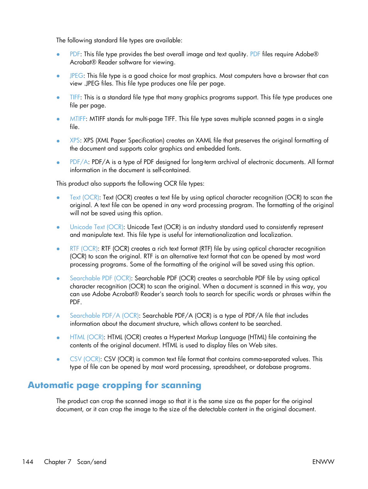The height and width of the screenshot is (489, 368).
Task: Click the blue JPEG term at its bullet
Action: pyautogui.click(x=76, y=76)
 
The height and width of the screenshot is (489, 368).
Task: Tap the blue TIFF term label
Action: pyautogui.click(x=75, y=97)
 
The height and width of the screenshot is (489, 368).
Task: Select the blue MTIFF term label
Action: pyautogui.click(x=78, y=119)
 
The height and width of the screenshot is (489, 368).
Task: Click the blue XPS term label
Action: pyautogui.click(x=74, y=141)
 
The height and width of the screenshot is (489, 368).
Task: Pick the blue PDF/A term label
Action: pyautogui.click(x=79, y=162)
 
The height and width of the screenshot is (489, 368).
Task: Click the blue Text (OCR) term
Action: pyautogui.click(x=84, y=198)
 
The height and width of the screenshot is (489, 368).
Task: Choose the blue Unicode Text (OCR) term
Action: pyautogui.click(x=96, y=227)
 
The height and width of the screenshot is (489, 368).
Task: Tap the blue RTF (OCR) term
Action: pyautogui.click(x=84, y=249)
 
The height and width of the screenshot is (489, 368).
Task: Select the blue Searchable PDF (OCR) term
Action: pyautogui.click(x=100, y=278)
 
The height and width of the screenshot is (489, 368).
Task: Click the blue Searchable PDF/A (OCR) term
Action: pyautogui.click(x=104, y=316)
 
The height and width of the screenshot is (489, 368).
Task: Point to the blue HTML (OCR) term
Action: pyautogui.click(x=87, y=337)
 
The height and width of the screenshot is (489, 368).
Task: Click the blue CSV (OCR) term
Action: pyautogui.click(x=85, y=359)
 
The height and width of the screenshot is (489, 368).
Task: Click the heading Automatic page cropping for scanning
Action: pyautogui.click(x=115, y=385)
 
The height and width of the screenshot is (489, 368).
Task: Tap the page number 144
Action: pyautogui.click(x=28, y=462)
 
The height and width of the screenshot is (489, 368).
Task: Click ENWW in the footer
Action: pyautogui.click(x=323, y=462)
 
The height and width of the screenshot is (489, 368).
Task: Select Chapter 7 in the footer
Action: pyautogui.click(x=57, y=462)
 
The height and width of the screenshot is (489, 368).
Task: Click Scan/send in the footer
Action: pyautogui.click(x=91, y=462)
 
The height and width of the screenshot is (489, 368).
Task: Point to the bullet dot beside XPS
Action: pyautogui.click(x=58, y=141)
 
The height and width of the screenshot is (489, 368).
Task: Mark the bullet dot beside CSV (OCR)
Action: pyautogui.click(x=58, y=360)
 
